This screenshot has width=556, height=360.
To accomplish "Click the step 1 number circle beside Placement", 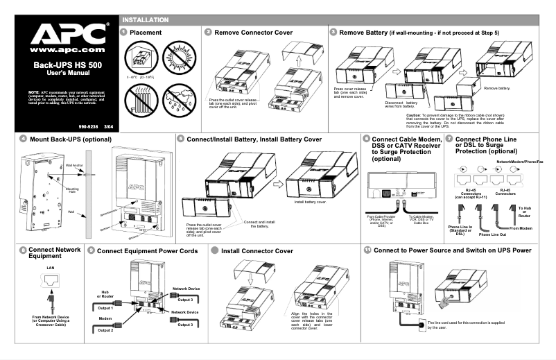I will (x=123, y=32).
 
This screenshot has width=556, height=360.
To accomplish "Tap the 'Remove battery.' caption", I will (x=498, y=88).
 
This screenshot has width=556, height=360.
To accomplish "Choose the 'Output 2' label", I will (x=105, y=330).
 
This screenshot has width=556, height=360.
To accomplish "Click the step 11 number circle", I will (x=367, y=250).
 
